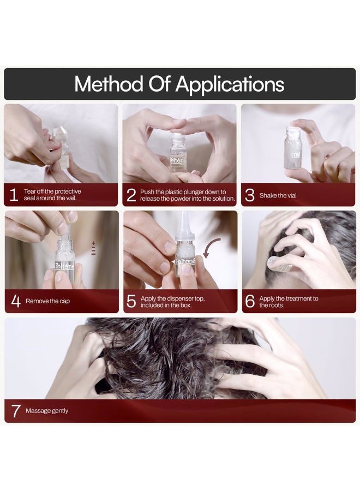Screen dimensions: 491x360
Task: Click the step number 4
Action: pos(15,301)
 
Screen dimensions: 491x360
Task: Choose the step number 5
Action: pos(131,301)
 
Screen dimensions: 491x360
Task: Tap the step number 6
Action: pos(250,301)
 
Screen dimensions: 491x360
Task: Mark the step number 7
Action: pos(16,411)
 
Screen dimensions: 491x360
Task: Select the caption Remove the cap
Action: pos(48,301)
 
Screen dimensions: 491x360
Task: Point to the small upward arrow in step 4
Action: pos(93,243)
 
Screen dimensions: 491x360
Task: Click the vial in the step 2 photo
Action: pos(178,155)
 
